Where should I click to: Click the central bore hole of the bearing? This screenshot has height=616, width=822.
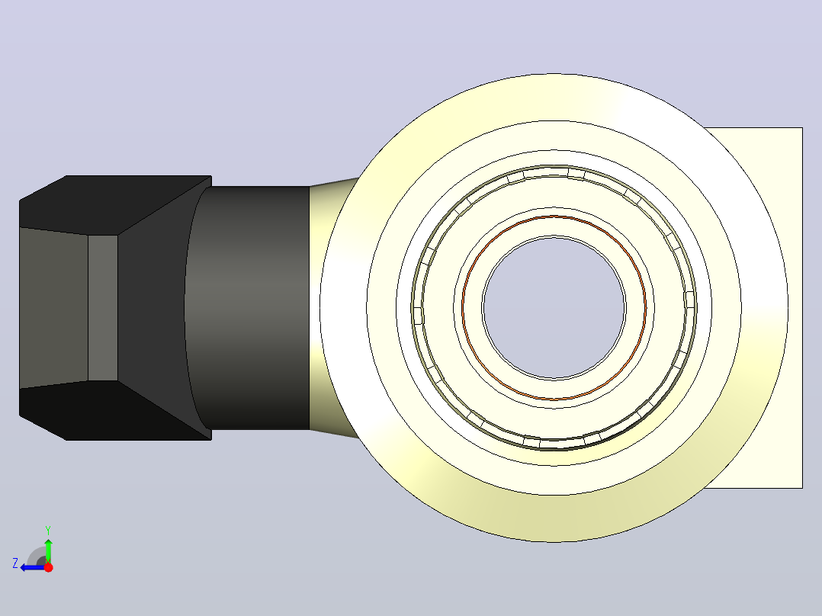coord(554,308)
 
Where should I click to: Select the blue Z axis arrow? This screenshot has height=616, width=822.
coord(33,567)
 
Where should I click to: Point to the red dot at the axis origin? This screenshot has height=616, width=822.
coord(48,567)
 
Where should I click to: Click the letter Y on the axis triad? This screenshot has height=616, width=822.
coord(48,530)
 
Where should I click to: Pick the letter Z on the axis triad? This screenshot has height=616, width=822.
coord(15,563)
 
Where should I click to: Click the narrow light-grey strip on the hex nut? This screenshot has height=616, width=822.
coord(103,308)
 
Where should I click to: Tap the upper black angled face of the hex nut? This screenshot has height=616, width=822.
coord(115,205)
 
